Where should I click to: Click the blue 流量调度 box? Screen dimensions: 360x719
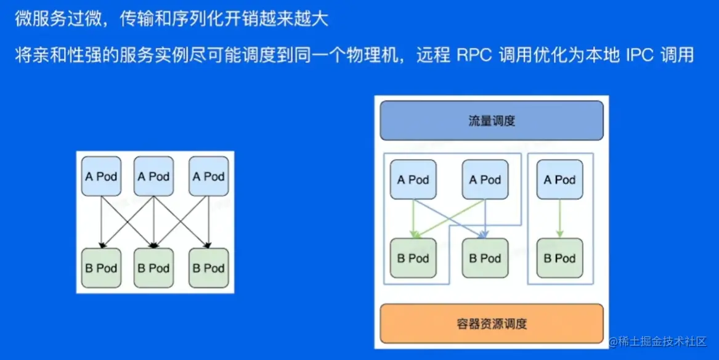(x=491, y=121)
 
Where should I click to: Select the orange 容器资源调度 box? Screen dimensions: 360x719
(x=492, y=323)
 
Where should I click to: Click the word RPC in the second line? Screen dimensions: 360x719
(x=473, y=55)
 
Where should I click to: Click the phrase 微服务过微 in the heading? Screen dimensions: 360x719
(x=54, y=19)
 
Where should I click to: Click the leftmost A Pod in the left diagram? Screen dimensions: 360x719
(x=101, y=176)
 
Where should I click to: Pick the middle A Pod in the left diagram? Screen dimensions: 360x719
(x=153, y=176)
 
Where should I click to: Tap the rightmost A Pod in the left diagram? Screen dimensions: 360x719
(x=208, y=176)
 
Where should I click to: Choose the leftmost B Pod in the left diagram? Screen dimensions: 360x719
(x=101, y=268)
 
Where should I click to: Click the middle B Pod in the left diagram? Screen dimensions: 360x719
(x=153, y=268)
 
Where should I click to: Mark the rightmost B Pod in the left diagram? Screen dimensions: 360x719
(x=208, y=268)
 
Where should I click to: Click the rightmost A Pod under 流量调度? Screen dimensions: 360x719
(x=559, y=180)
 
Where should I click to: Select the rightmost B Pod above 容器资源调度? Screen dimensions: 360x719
(x=559, y=258)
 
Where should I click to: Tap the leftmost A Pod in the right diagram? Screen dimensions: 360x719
(x=413, y=180)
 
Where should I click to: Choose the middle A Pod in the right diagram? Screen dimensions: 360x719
(x=485, y=180)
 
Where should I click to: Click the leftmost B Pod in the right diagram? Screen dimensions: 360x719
(x=413, y=258)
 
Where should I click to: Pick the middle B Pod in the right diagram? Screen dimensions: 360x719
(x=485, y=258)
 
